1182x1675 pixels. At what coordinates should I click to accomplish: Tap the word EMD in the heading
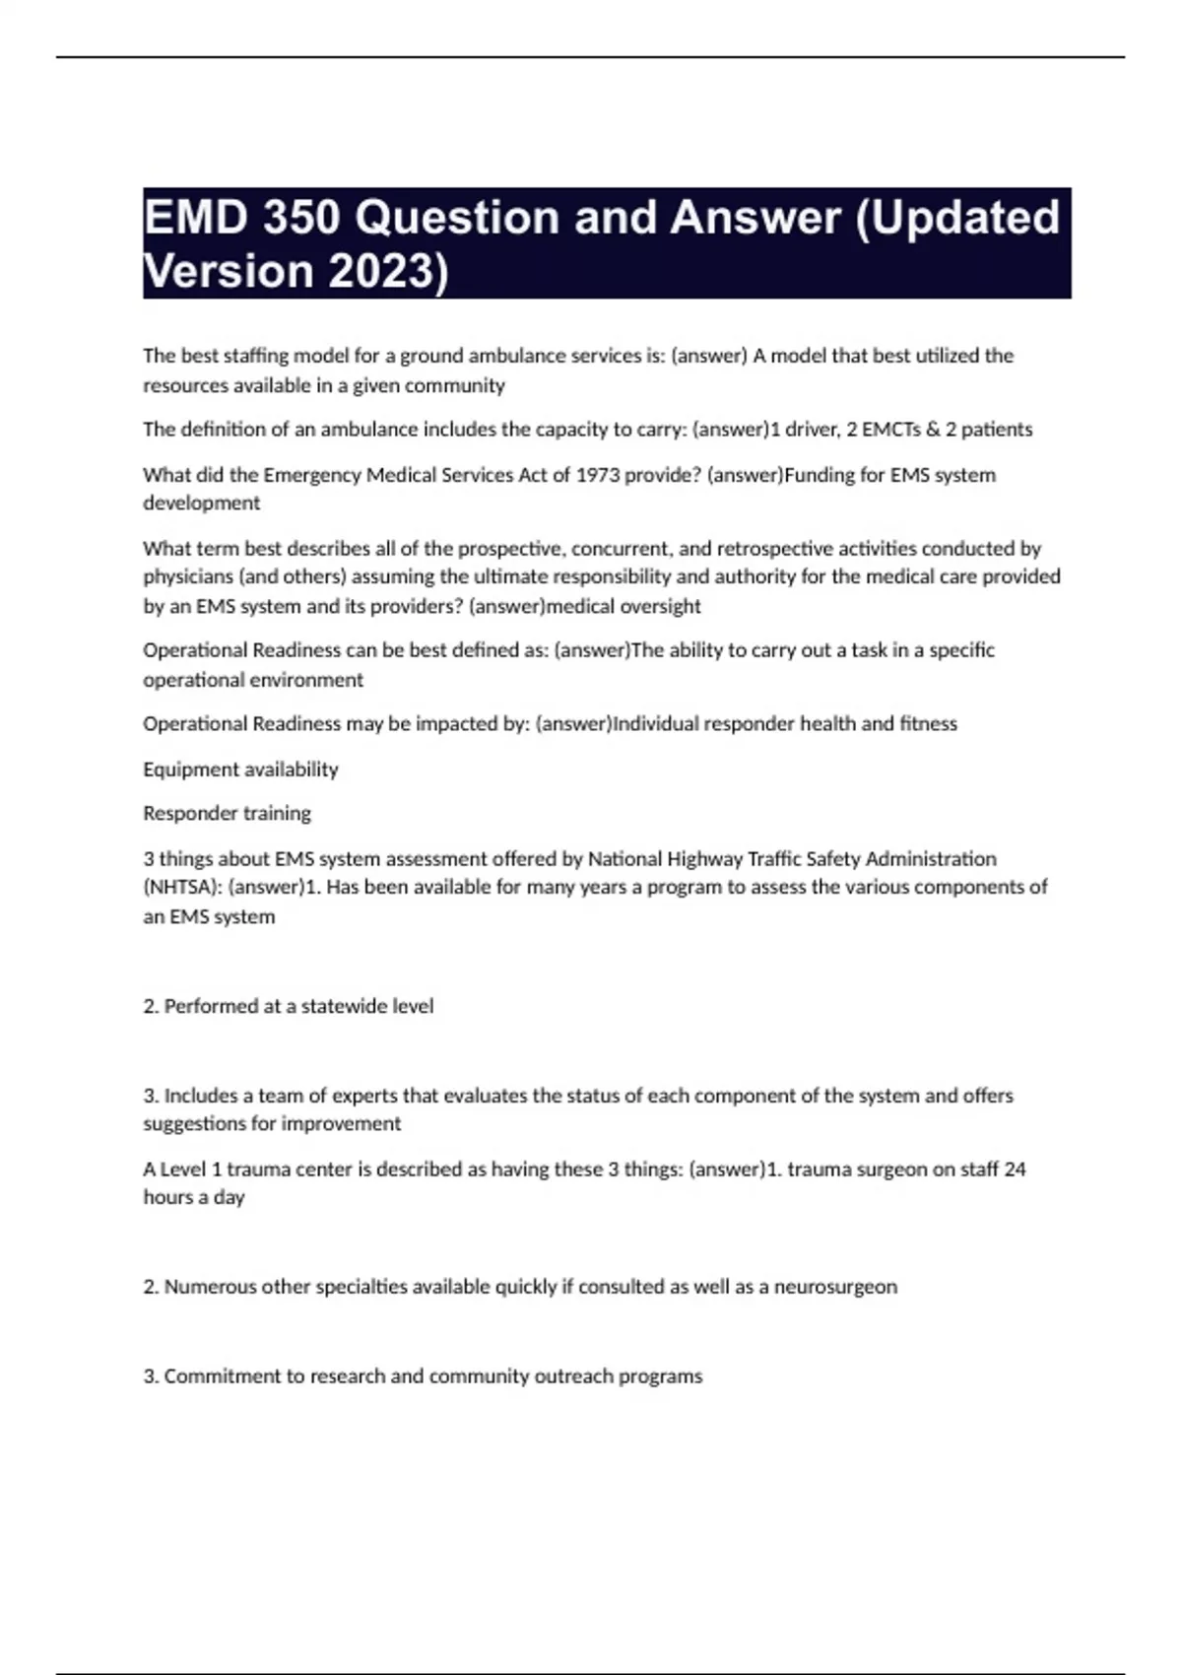(x=195, y=218)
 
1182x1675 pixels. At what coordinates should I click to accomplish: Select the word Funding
(x=821, y=475)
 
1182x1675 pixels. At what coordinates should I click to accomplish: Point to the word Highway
(x=704, y=858)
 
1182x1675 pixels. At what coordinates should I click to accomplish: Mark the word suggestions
(x=195, y=1124)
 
